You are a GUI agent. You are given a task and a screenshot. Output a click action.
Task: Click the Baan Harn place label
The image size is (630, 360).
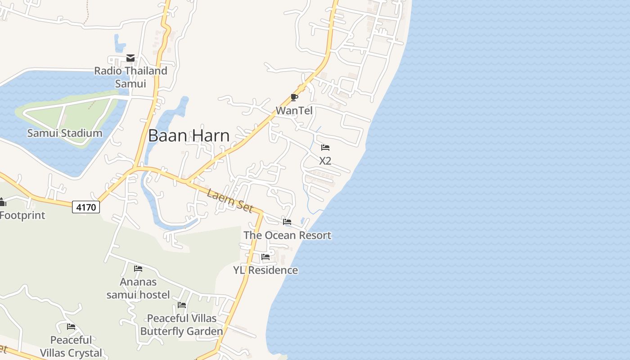coord(189,135)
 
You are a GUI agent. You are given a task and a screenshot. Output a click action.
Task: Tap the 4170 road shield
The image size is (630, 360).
coord(86,207)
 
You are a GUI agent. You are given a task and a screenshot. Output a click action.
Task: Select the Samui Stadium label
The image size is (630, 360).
coord(64,133)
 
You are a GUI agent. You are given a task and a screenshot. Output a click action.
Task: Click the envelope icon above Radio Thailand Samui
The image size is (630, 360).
coord(130,58)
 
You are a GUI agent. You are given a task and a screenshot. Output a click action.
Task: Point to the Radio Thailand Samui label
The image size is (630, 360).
coord(130,77)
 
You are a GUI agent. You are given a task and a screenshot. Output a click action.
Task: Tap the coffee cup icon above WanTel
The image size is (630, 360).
coord(294,97)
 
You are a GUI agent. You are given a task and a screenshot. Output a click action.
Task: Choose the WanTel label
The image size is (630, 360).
coord(294,111)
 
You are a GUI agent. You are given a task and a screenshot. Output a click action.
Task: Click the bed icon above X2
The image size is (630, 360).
coord(325,148)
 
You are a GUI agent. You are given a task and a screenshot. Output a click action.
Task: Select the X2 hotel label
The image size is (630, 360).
coord(325,161)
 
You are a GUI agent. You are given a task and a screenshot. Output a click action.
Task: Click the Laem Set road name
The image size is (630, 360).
coord(228,198)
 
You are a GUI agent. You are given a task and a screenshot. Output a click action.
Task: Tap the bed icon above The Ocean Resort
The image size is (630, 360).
coord(287,222)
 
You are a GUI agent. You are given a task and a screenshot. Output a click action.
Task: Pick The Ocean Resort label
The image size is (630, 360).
coord(287,235)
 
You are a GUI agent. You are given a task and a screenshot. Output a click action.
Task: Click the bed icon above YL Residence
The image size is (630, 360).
coord(265,257)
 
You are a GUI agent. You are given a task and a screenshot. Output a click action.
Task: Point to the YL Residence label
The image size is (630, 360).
coord(265,270)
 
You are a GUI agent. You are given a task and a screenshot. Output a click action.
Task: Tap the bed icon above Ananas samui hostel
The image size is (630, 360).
coord(138,269)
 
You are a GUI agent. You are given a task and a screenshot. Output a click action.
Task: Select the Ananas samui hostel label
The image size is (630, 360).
coord(138,288)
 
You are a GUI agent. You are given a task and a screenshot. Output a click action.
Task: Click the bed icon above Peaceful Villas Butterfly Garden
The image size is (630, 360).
coord(182,305)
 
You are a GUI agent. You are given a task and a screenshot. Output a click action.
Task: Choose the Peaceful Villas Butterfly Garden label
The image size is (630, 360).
coord(182,325)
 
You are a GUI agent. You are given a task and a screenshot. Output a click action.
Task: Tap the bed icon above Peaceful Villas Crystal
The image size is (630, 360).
coord(71,327)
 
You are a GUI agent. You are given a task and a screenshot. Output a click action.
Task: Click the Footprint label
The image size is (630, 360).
coord(22,215)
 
